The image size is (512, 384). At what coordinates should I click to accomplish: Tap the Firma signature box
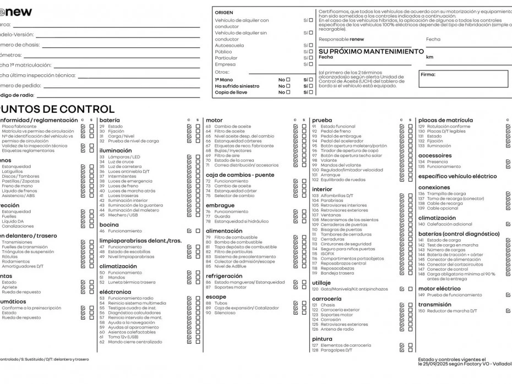(464, 79)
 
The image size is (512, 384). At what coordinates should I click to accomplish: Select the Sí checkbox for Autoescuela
(311, 46)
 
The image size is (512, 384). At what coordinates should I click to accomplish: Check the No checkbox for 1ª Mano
(288, 80)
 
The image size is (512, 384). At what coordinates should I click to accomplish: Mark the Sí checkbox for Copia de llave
(311, 92)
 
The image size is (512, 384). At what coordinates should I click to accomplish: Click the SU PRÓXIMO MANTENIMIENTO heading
(371, 51)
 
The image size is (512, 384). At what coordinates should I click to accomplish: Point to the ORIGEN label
(224, 12)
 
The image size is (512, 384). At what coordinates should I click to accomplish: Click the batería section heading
(110, 120)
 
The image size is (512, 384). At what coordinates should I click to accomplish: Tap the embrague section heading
(220, 205)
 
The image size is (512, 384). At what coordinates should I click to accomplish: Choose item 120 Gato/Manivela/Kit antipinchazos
(346, 289)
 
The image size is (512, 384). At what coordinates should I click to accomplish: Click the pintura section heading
(322, 339)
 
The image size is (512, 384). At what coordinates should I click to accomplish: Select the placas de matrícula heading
(445, 120)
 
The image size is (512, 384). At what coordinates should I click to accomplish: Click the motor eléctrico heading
(439, 288)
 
